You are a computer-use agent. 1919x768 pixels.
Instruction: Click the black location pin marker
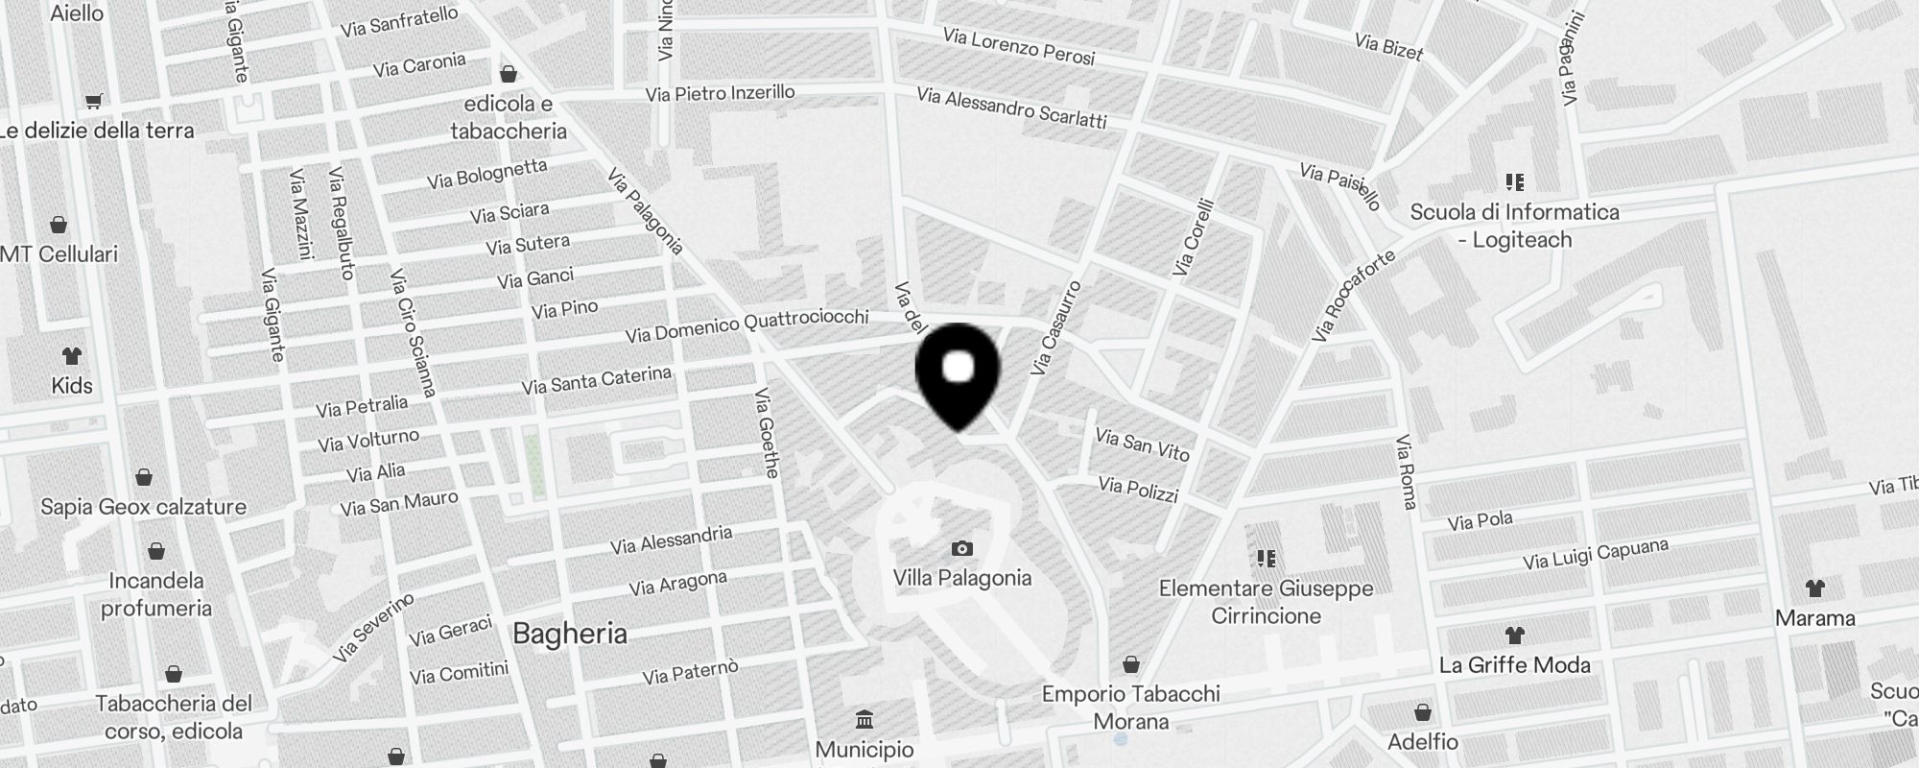click(x=958, y=374)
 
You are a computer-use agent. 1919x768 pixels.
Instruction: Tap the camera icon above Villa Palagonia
click(x=961, y=549)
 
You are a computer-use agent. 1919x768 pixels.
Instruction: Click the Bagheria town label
click(x=570, y=634)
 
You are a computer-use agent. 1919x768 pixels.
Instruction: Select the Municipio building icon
click(x=864, y=719)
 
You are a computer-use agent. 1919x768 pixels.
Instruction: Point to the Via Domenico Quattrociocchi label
click(x=746, y=325)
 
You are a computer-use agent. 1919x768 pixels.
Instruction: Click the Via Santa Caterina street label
click(x=596, y=380)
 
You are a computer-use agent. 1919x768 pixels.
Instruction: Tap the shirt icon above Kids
click(x=72, y=356)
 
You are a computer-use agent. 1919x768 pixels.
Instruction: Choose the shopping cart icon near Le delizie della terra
click(x=94, y=101)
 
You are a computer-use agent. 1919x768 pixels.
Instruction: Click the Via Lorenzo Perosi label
click(x=1018, y=47)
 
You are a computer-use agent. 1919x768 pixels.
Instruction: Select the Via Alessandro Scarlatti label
click(x=1011, y=108)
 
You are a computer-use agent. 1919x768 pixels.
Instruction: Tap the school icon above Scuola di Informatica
click(x=1515, y=181)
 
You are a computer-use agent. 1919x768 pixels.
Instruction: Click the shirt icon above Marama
click(x=1814, y=588)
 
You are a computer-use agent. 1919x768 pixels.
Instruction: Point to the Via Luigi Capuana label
click(x=1596, y=554)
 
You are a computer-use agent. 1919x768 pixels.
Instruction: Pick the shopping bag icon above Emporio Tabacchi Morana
click(x=1131, y=664)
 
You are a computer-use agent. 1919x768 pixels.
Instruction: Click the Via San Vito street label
click(x=1142, y=444)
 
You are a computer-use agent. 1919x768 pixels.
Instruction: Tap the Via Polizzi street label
click(x=1138, y=490)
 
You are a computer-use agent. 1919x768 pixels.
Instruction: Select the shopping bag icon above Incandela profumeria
click(x=156, y=551)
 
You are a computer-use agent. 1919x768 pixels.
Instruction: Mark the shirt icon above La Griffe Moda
click(x=1514, y=635)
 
